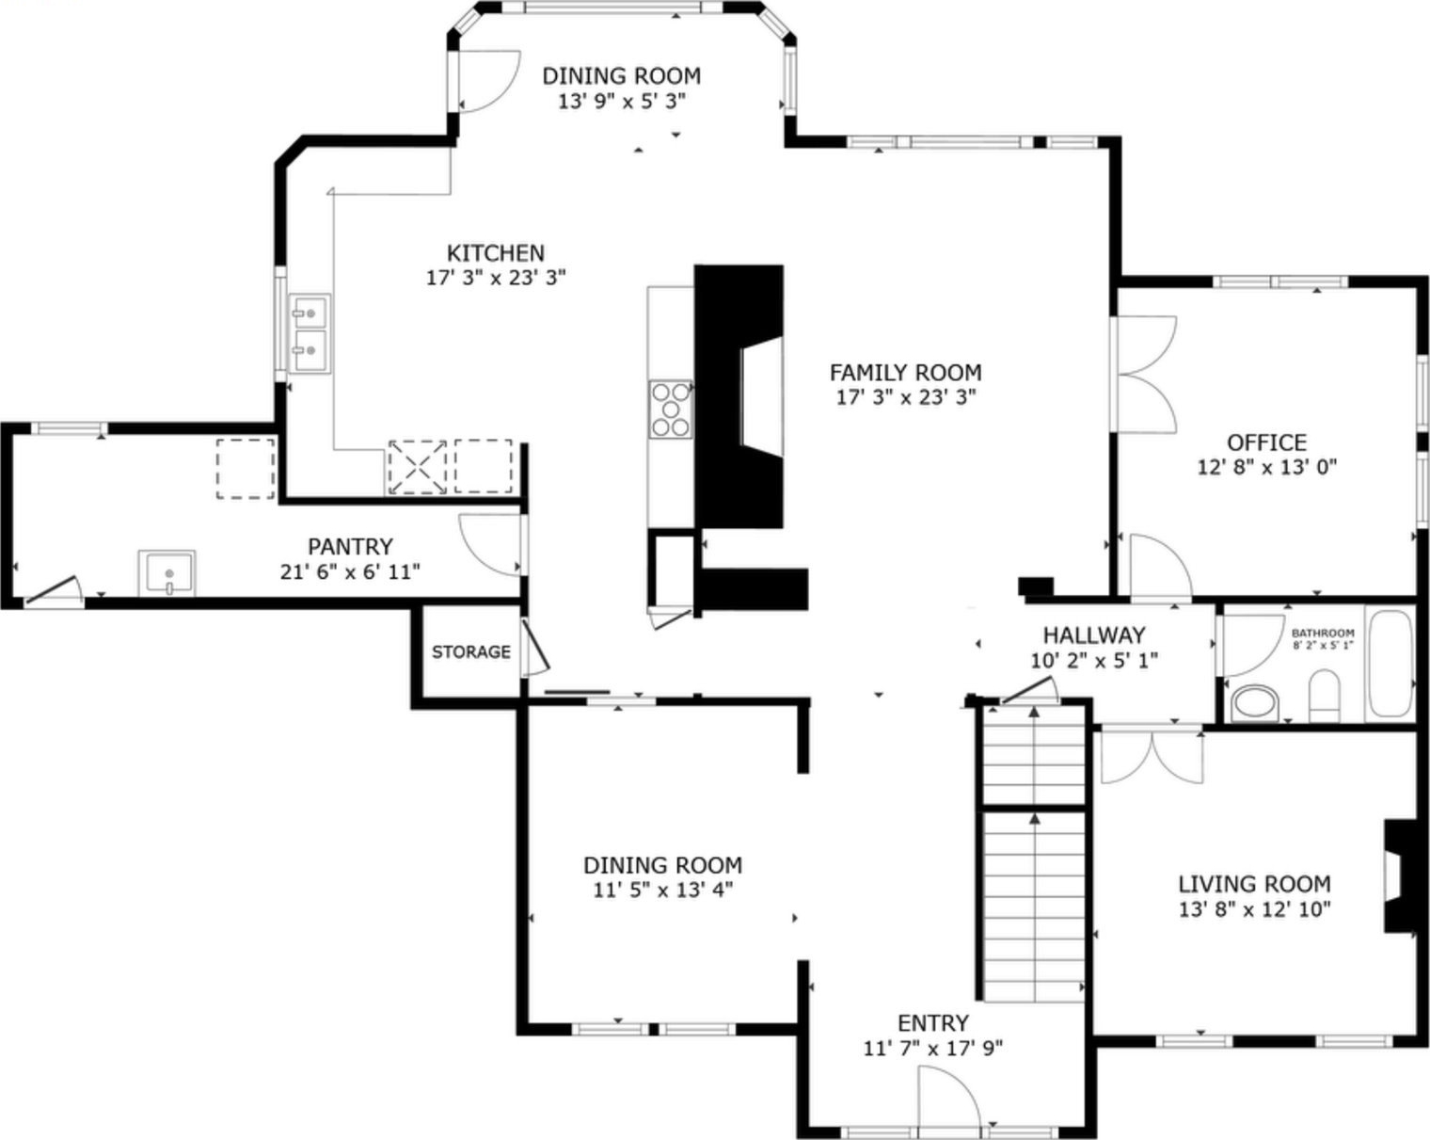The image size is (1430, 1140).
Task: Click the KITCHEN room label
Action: tap(495, 252)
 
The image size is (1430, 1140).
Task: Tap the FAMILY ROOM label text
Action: tap(905, 373)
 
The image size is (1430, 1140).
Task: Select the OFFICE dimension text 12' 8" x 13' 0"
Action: tap(1266, 467)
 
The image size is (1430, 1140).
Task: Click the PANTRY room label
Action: tap(350, 547)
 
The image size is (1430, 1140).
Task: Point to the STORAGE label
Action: tap(471, 651)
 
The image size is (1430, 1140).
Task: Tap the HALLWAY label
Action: tap(1094, 635)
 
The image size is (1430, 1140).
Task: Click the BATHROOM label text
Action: tap(1323, 633)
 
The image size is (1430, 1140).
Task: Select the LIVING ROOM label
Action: tap(1255, 884)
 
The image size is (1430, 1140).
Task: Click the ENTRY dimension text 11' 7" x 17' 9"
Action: tap(932, 1048)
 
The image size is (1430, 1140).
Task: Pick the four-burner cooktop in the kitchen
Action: tap(671, 409)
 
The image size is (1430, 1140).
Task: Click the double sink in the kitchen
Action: tap(310, 333)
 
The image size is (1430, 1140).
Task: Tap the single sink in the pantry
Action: tap(167, 572)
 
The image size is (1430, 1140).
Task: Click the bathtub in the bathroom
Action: tap(1390, 663)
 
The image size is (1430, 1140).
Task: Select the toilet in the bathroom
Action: tap(1325, 696)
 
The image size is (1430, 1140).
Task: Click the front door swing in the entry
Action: tap(949, 1098)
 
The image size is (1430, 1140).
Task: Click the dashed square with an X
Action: tap(418, 467)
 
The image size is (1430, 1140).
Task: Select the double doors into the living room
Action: tap(1152, 758)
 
